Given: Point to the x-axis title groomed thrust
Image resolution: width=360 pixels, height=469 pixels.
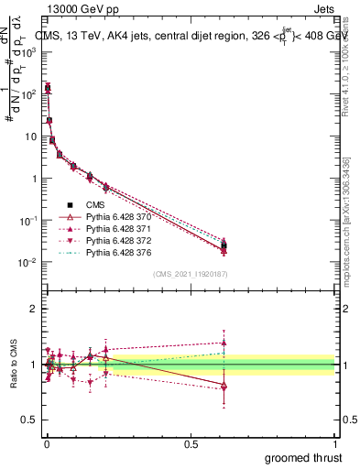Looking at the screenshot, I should (305, 457).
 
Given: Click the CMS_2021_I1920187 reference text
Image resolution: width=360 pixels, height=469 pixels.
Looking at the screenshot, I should (190, 273).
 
